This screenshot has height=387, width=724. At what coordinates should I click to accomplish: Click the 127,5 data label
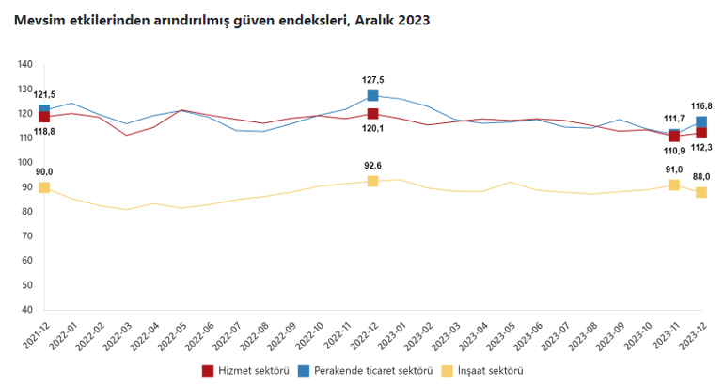[x=373, y=80]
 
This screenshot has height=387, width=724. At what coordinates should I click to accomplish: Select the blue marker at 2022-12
[x=373, y=95]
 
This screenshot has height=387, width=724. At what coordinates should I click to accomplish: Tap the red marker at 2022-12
[x=373, y=114]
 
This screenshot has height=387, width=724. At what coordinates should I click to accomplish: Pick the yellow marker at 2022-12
[x=373, y=181]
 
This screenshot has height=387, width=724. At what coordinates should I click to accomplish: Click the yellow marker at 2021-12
[x=44, y=187]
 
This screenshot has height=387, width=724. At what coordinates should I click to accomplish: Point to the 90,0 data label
[x=44, y=171]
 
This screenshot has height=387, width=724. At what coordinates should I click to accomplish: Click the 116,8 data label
[x=701, y=105]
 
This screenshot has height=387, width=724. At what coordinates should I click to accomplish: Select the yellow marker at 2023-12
[x=701, y=192]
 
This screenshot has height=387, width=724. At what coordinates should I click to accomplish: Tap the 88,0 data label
[x=701, y=176]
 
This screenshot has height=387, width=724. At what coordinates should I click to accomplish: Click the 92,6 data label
[x=373, y=165]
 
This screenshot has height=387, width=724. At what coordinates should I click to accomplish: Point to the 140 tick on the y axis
[x=25, y=64]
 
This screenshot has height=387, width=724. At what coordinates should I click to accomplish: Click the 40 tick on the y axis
[x=28, y=310]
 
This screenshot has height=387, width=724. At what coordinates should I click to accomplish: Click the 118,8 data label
[x=44, y=132]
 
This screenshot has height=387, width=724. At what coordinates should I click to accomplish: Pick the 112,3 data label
[x=701, y=147]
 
